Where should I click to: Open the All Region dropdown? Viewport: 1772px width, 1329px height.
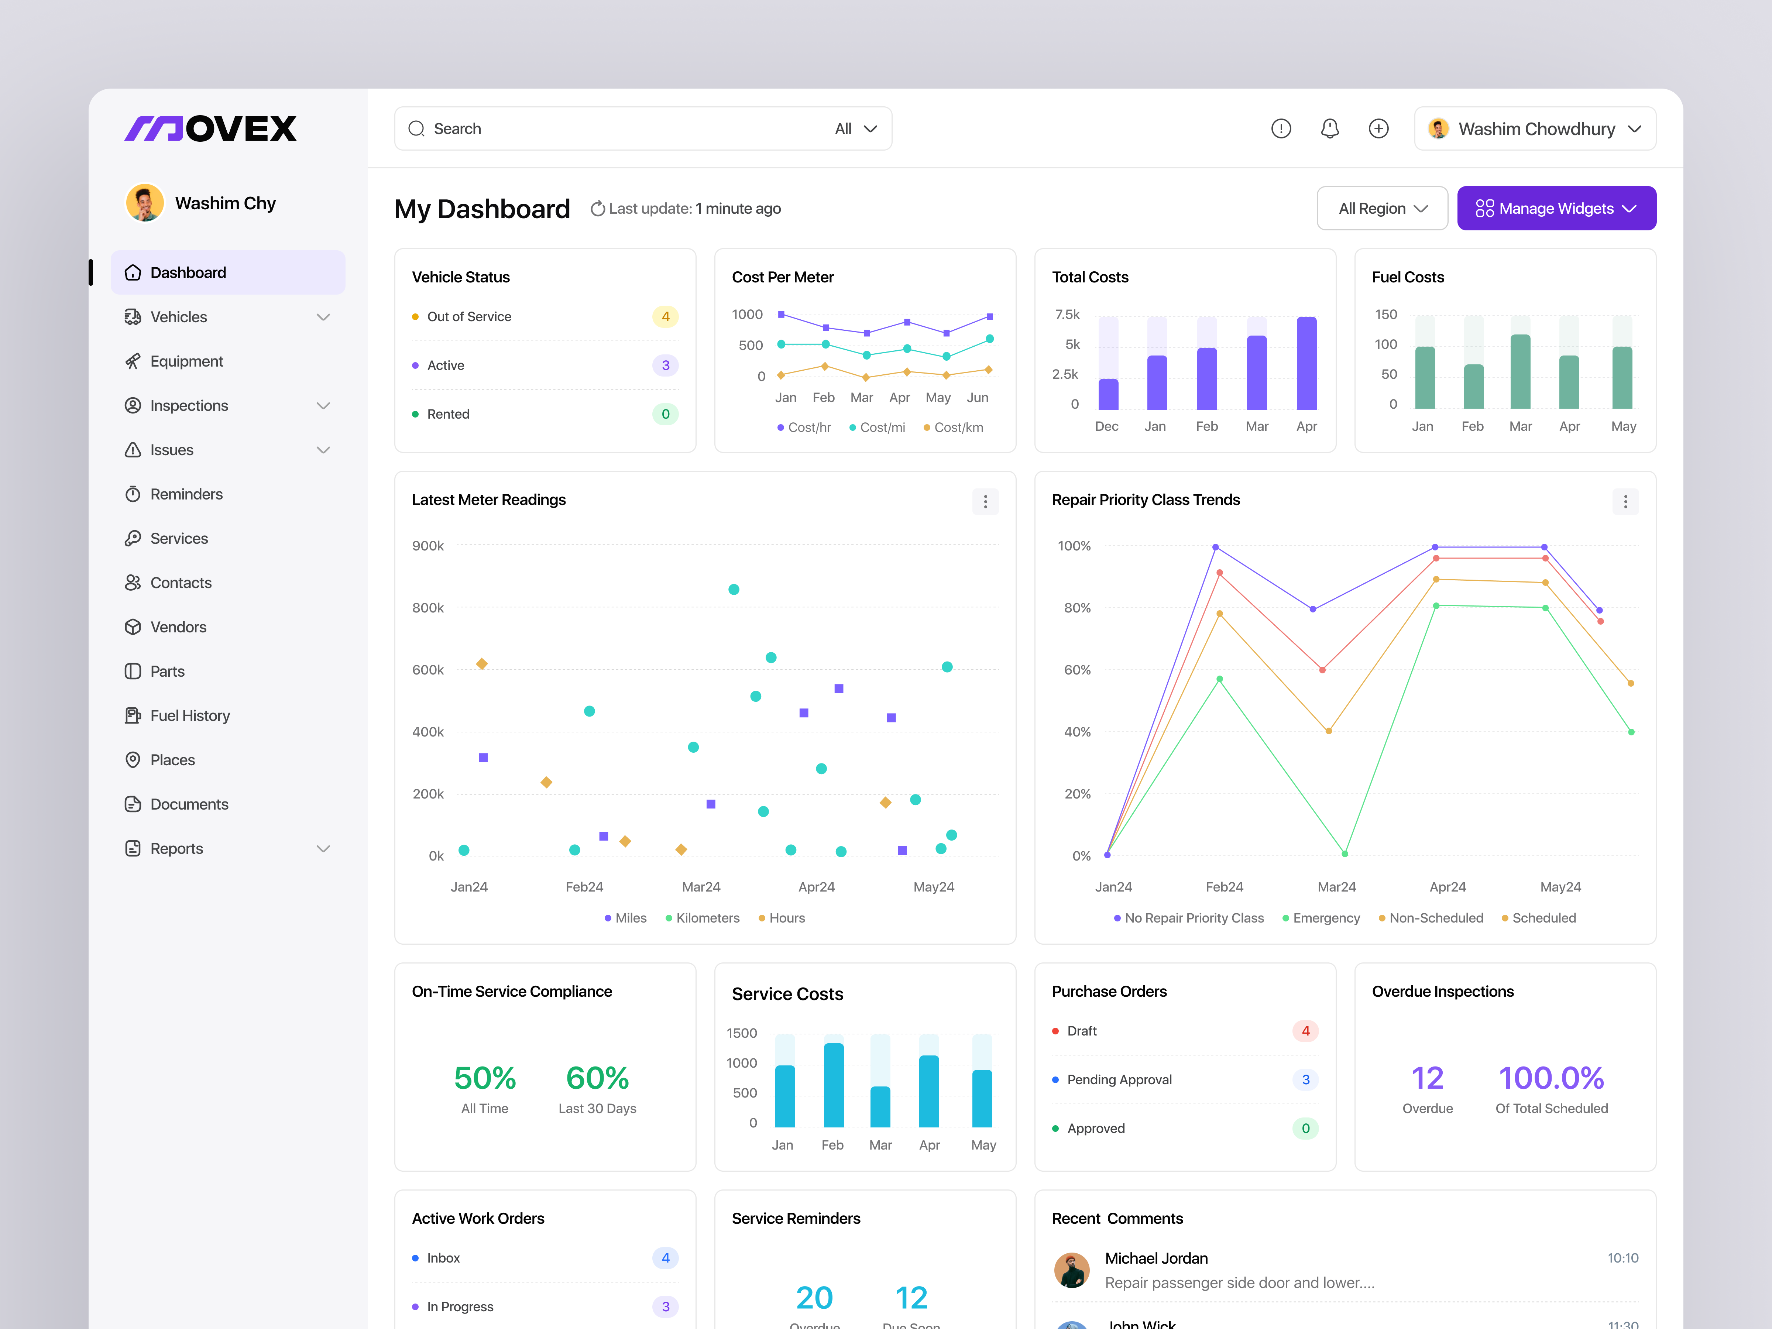point(1382,208)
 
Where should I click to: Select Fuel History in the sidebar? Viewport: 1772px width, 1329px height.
point(190,715)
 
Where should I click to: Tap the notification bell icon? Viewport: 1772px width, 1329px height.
point(1330,128)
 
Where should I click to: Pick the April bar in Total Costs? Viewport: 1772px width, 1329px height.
point(1306,363)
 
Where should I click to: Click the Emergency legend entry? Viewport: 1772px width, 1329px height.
point(1326,918)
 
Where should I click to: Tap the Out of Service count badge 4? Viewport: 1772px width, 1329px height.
point(665,316)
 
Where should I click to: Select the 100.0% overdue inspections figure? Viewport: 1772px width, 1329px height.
point(1551,1078)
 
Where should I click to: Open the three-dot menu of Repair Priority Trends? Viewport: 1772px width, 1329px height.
point(1625,501)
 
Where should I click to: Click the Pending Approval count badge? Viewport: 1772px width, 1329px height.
point(1305,1080)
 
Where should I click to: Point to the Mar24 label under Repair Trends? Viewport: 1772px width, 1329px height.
point(1336,887)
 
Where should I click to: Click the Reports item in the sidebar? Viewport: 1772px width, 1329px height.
point(177,848)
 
